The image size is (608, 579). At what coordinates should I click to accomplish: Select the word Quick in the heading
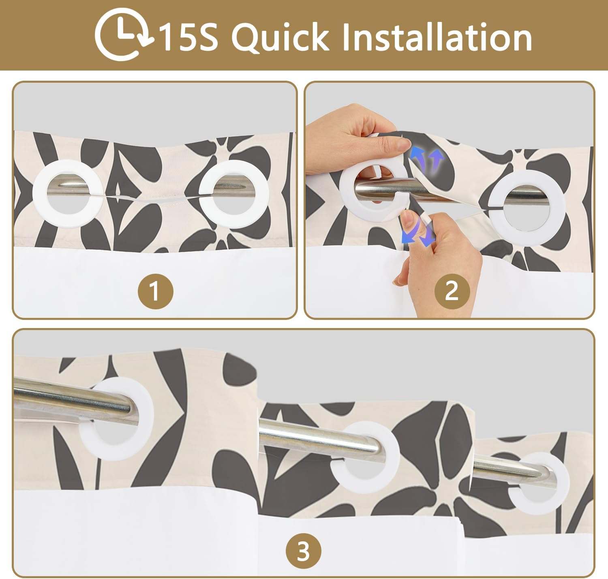coord(280,37)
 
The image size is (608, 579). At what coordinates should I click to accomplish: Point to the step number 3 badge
coord(303,551)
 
